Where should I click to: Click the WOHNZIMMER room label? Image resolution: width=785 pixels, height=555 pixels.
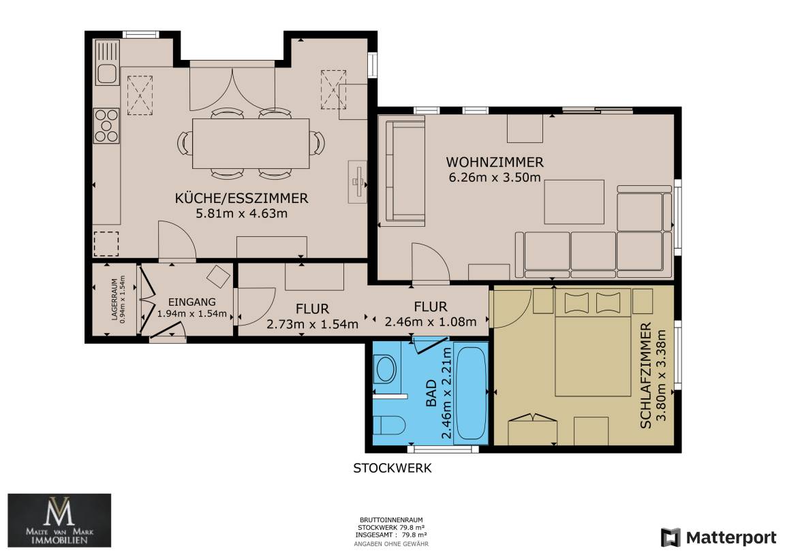(x=495, y=162)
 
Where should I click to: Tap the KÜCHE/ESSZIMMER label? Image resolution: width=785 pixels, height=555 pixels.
(x=241, y=198)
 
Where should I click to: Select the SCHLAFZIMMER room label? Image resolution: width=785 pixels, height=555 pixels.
(x=646, y=375)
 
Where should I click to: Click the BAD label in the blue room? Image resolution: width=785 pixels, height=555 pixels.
(x=431, y=394)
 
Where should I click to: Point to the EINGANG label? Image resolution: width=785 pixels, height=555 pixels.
(x=191, y=302)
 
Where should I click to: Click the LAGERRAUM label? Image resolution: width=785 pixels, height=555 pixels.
(x=114, y=299)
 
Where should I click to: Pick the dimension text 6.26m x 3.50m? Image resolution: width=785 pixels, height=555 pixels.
(x=495, y=177)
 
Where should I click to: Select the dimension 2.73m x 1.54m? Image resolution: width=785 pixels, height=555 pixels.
(x=312, y=324)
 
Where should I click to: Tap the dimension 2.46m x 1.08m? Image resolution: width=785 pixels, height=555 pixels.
(x=431, y=322)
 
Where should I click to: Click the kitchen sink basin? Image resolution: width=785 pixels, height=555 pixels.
(x=106, y=74)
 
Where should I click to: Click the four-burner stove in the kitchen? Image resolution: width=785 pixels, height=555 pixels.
(x=106, y=125)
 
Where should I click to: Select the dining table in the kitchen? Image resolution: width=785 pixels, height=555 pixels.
(x=251, y=144)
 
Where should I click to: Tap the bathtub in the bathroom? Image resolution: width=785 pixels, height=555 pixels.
(x=471, y=394)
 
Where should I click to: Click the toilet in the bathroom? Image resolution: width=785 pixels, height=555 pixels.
(x=389, y=426)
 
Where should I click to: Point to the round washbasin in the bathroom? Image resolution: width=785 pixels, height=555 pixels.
(x=386, y=370)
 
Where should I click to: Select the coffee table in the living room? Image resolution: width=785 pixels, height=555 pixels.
(x=574, y=202)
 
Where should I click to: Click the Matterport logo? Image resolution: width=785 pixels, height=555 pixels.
(x=718, y=537)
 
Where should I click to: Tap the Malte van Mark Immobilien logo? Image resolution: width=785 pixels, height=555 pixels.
(x=59, y=520)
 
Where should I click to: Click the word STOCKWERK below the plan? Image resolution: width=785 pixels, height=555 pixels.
(x=392, y=469)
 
